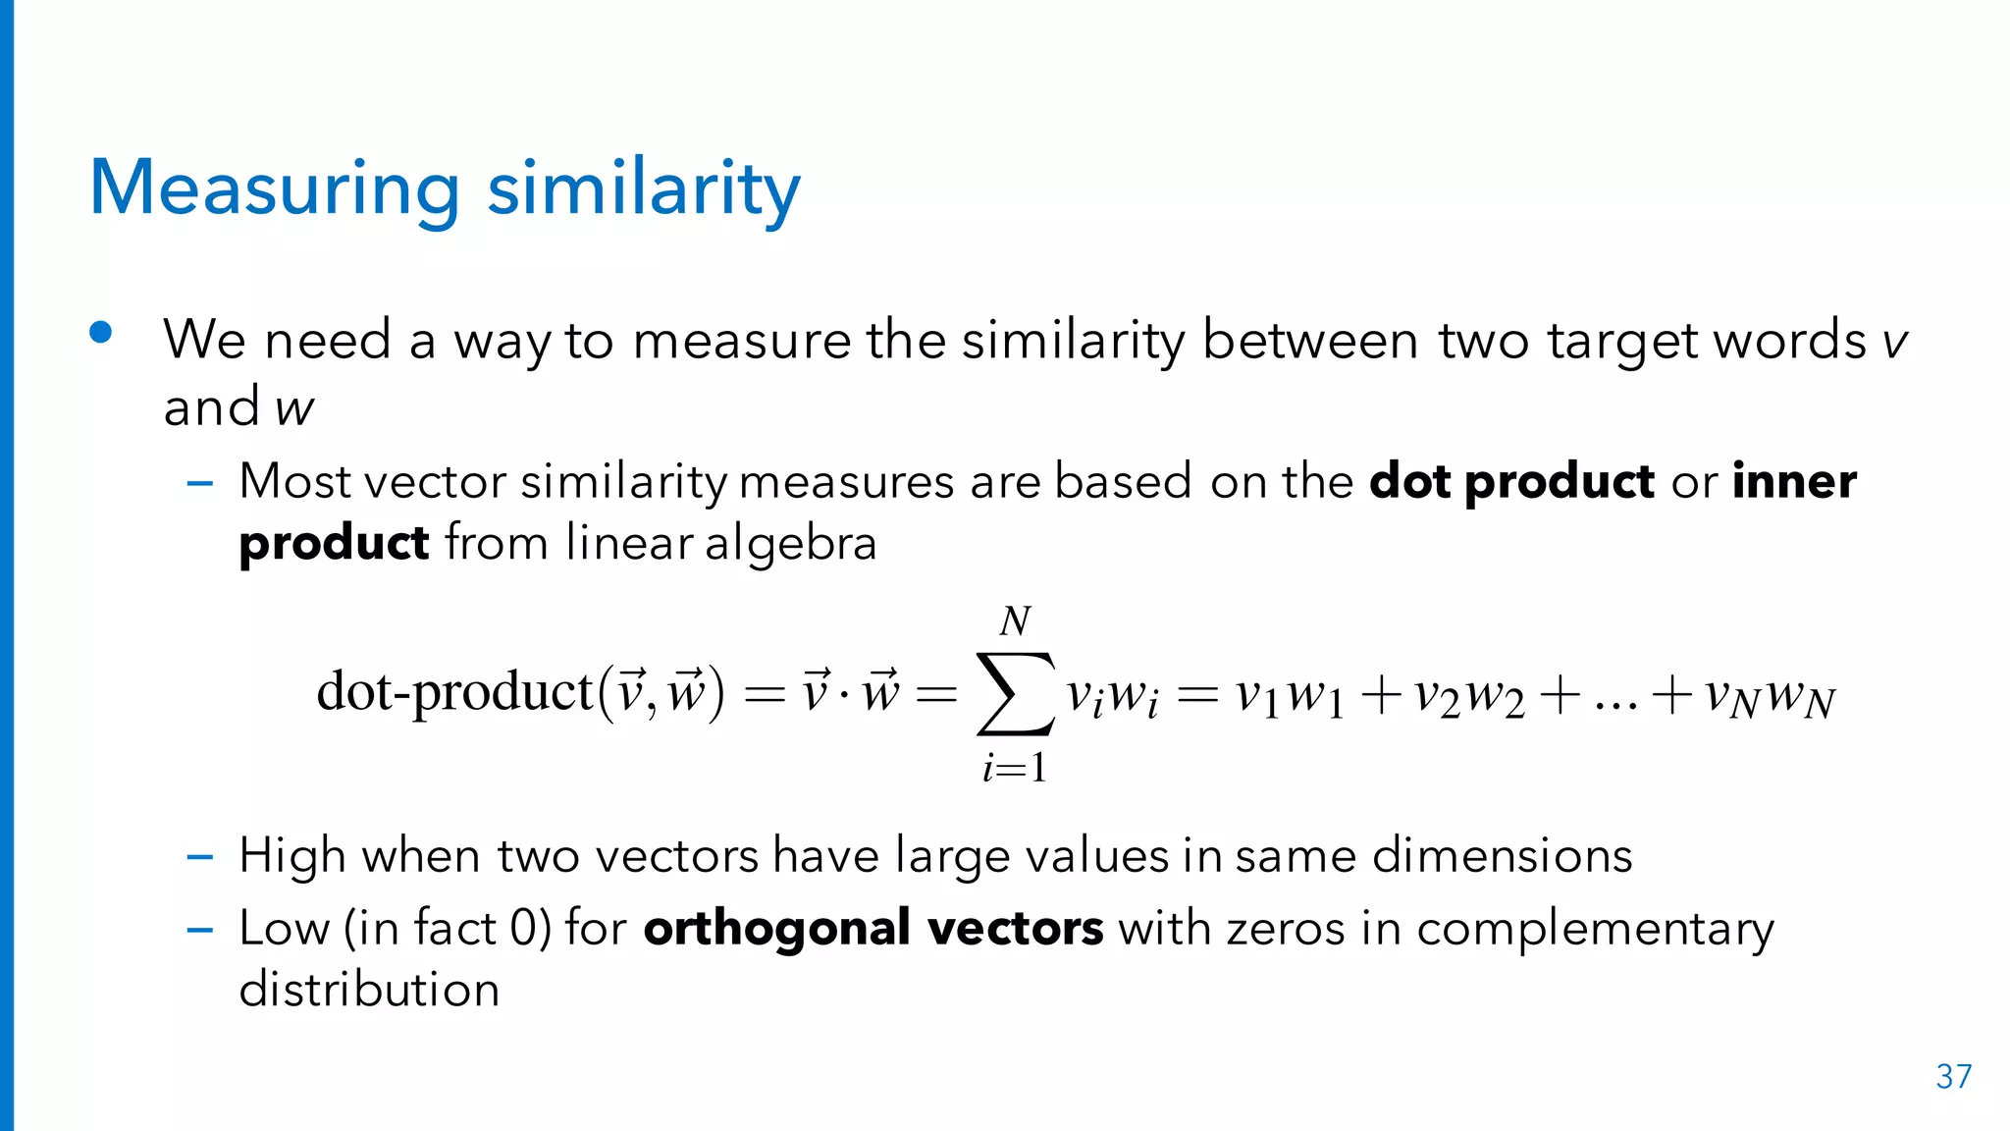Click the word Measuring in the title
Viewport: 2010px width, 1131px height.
[274, 188]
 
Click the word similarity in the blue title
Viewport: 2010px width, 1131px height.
[644, 188]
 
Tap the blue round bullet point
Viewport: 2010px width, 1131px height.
[100, 333]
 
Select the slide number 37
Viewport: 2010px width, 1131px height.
[1953, 1077]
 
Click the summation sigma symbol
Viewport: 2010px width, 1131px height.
[1016, 694]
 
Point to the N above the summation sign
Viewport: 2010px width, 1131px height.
[1015, 620]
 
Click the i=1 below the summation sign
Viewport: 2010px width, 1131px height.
[1015, 767]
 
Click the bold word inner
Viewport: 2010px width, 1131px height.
[1794, 481]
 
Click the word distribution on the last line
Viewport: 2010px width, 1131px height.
[369, 989]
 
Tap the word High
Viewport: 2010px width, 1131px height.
[291, 855]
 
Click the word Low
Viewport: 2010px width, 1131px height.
[283, 928]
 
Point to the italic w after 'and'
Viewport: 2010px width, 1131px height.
[294, 407]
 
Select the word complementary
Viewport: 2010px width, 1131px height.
[1595, 929]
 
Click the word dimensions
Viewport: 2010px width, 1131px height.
[1502, 855]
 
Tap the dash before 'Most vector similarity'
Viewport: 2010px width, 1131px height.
[200, 483]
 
